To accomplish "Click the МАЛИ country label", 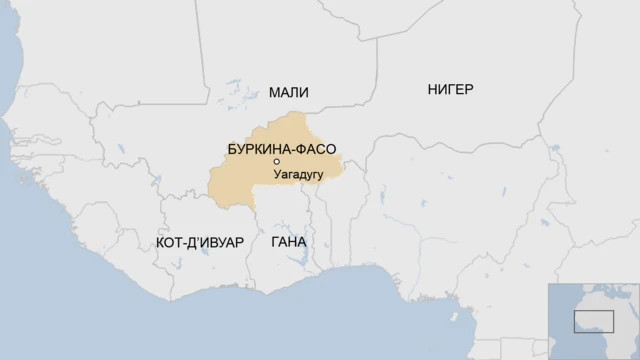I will click(x=288, y=92).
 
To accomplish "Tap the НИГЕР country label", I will click(x=450, y=89).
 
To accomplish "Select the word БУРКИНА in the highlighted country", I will click(x=261, y=150).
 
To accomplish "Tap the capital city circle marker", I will click(x=276, y=162).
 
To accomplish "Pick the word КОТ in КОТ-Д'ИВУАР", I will click(x=170, y=243).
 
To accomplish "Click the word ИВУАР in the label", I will click(x=222, y=243).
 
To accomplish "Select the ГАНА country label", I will click(x=288, y=243).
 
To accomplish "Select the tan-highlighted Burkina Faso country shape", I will click(x=240, y=180).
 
